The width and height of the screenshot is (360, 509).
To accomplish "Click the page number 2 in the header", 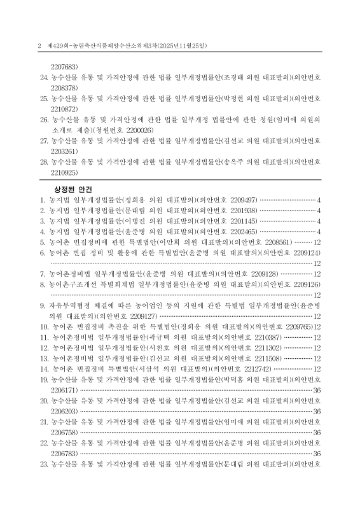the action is coord(39,46).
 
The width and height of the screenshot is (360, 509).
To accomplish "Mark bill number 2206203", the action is coord(64,412).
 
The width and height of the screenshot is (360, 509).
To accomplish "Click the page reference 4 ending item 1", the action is coord(319,199).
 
